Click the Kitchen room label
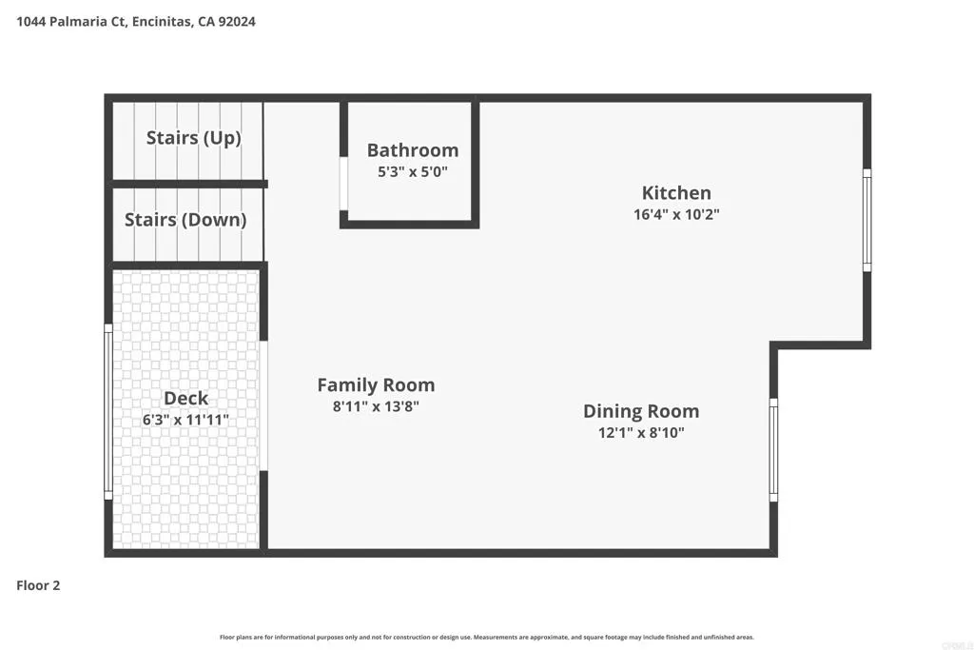(x=676, y=193)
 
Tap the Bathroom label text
(x=413, y=150)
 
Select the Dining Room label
(x=641, y=411)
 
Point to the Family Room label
(x=376, y=385)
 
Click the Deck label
(x=185, y=399)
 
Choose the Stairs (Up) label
(x=193, y=138)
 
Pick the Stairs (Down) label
(x=185, y=220)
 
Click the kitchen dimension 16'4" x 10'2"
(x=676, y=215)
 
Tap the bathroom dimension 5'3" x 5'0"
(x=413, y=172)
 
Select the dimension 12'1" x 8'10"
(x=641, y=433)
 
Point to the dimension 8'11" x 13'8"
(x=376, y=406)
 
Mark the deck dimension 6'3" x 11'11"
(x=185, y=420)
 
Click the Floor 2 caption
(x=38, y=585)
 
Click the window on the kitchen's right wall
(x=867, y=220)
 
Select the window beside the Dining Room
(x=773, y=450)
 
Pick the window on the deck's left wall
(x=108, y=411)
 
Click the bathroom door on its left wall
(x=343, y=183)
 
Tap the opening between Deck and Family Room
(x=264, y=405)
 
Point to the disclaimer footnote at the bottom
(x=487, y=637)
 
